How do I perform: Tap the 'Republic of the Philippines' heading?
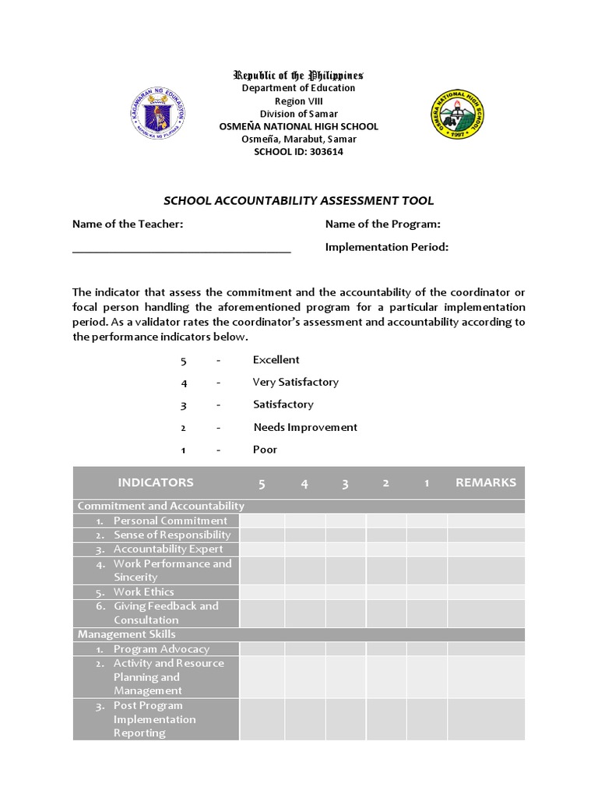click(x=298, y=76)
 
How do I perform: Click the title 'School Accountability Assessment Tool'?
click(x=298, y=201)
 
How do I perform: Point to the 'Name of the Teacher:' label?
click(x=128, y=224)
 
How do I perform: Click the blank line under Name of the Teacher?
click(x=181, y=251)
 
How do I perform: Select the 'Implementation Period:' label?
click(x=386, y=247)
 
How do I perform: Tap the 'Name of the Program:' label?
click(x=382, y=224)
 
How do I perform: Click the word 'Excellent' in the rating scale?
click(x=276, y=359)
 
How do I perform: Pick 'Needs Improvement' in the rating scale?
click(x=305, y=427)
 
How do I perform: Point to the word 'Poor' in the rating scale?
click(x=265, y=450)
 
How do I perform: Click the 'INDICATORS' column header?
click(x=156, y=482)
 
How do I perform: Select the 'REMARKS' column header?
click(x=485, y=482)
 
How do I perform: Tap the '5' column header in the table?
click(x=262, y=484)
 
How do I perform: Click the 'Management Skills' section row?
click(x=126, y=634)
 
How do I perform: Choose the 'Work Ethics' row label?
click(x=143, y=591)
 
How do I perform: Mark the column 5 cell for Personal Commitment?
click(x=262, y=521)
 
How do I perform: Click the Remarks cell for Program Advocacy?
click(x=485, y=648)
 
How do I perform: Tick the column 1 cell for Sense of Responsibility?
click(x=427, y=535)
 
